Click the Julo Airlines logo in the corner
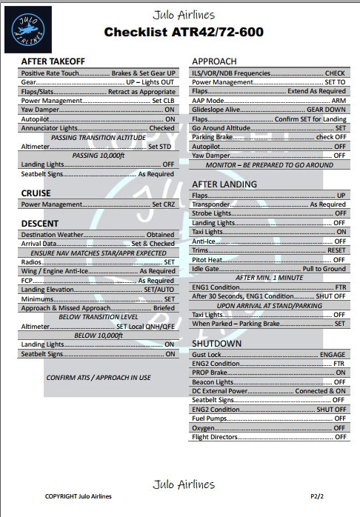(x=28, y=29)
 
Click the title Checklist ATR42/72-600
(x=183, y=32)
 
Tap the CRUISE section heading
(x=36, y=193)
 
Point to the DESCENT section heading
(x=40, y=223)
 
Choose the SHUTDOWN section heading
(x=216, y=344)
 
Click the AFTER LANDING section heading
(x=224, y=184)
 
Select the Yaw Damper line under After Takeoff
(x=98, y=109)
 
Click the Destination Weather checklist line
(x=98, y=235)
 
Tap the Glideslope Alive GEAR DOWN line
(x=269, y=110)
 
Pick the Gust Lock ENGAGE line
(x=269, y=355)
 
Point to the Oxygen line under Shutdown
(x=269, y=428)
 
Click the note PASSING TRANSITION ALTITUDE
(x=98, y=137)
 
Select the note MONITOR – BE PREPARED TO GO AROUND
(x=269, y=165)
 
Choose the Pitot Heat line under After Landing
(x=269, y=260)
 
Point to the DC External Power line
(x=269, y=391)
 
